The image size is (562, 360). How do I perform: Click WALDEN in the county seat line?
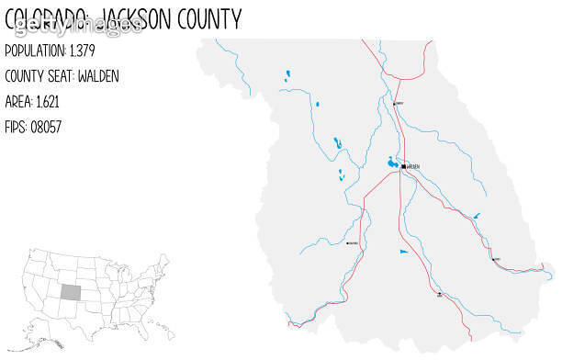tap(100, 75)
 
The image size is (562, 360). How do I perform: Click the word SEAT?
tap(63, 75)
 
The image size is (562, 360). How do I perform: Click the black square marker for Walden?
tap(402, 166)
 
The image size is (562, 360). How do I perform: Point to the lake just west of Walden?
tap(392, 163)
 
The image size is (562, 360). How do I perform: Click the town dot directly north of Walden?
tap(395, 104)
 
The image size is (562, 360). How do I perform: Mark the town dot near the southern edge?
tap(439, 295)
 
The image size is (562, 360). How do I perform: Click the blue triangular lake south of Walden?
tap(402, 250)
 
